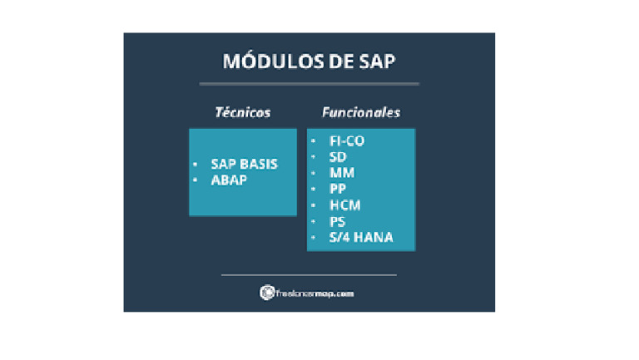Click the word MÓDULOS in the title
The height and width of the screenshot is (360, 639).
(x=265, y=62)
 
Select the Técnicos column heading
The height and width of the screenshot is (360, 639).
(x=243, y=112)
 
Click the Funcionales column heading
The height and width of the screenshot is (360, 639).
(x=361, y=112)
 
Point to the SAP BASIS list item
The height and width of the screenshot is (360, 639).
(x=244, y=165)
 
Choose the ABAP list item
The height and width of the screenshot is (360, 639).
(x=229, y=180)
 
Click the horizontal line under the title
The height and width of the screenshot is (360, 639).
(x=309, y=83)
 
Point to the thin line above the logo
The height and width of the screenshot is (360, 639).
(x=309, y=274)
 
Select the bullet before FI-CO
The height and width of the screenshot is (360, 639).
(x=313, y=141)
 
